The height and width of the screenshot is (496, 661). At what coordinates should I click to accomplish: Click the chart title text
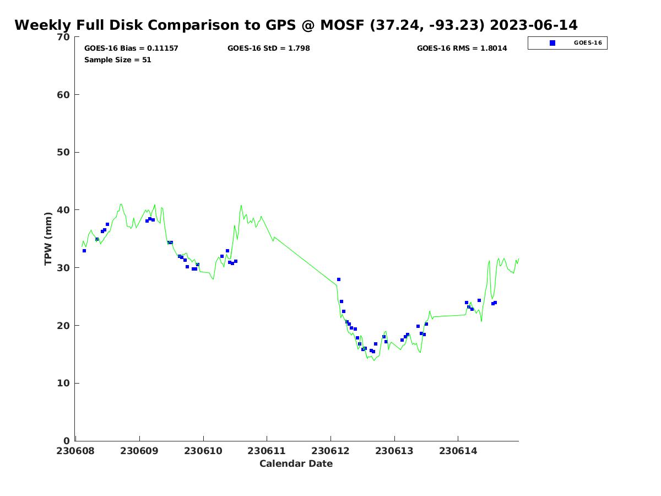coord(296,25)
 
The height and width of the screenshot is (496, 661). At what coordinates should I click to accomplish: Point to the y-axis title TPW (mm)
coord(48,239)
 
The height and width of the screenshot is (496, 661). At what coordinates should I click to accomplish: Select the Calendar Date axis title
coord(296,463)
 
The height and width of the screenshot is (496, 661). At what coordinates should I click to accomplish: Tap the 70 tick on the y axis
coord(64,37)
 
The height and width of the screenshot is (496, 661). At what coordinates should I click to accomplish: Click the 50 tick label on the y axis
coord(64,153)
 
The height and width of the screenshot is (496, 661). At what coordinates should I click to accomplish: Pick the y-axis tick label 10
coord(64,384)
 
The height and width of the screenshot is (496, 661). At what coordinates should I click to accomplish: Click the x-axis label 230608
coord(75,451)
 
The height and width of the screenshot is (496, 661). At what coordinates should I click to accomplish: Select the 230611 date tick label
coord(267,451)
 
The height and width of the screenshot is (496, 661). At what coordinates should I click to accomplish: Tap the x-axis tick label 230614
coord(458,451)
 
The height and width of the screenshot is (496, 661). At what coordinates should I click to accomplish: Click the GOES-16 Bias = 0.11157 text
coord(131,48)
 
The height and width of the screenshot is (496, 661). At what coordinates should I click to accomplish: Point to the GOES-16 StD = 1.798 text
coord(268,48)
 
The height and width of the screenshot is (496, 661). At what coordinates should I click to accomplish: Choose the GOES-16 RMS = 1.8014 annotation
coord(462,48)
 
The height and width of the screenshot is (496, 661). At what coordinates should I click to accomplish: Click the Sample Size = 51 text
coord(117,60)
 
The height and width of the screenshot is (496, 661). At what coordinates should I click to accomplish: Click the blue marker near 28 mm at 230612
coord(339,280)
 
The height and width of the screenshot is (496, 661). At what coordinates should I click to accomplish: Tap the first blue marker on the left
coord(84,251)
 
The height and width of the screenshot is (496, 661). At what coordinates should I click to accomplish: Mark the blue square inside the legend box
coord(552,43)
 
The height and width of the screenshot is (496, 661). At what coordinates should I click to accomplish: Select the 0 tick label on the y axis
coord(67,441)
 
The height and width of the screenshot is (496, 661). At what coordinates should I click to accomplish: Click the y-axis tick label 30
coord(64,268)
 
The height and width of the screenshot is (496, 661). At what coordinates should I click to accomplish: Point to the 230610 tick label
coord(203,451)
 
